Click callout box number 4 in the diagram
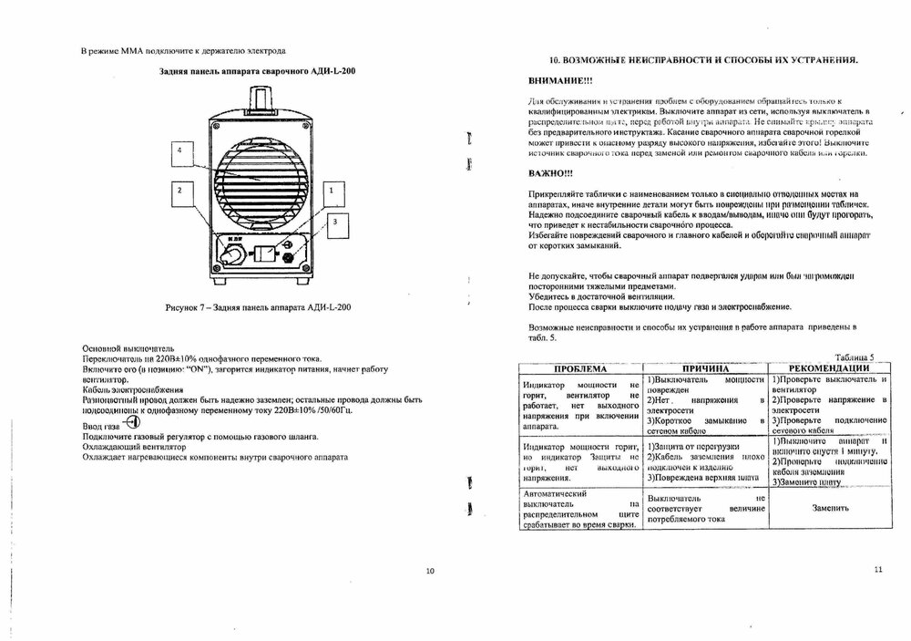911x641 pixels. tap(186, 151)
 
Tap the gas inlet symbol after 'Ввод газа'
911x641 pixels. tap(132, 423)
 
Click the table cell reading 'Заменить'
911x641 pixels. tap(827, 509)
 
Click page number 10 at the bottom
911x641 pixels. tap(430, 571)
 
